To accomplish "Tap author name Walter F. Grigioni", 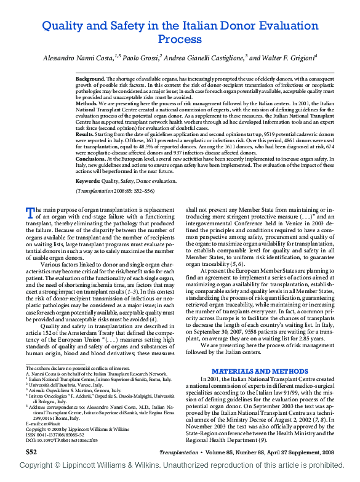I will coord(287,57).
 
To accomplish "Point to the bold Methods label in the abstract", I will coord(87,105).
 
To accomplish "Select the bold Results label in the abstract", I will coord(85,134).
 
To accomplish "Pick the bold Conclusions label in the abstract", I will coord(92,158).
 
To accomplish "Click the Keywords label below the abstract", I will coord(88,182).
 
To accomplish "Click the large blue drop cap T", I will coord(29,212).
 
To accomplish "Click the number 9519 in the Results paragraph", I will coord(257,134).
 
